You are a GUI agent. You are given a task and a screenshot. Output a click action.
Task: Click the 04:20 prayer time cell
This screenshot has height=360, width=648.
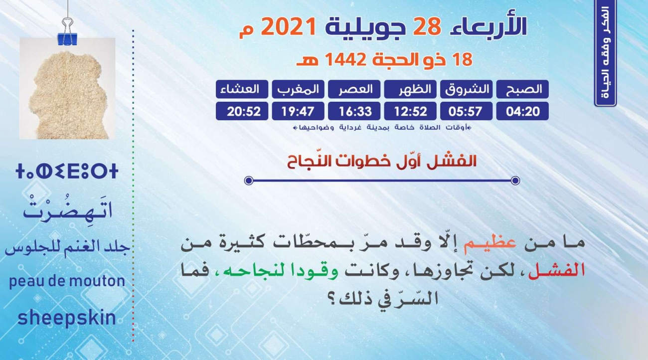[x=522, y=111]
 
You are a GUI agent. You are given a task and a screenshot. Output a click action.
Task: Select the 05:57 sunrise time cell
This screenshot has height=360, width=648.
[x=467, y=111]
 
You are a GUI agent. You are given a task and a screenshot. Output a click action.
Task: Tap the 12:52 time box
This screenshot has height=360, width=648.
[x=410, y=111]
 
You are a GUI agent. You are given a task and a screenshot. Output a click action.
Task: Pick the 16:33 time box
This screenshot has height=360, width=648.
[x=354, y=111]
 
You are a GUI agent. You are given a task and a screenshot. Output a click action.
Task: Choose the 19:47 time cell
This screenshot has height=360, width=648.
[x=298, y=111]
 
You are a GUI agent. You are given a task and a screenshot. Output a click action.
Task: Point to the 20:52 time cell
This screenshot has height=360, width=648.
[x=242, y=111]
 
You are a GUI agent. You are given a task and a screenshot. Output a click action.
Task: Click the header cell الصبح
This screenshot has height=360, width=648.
[x=522, y=89]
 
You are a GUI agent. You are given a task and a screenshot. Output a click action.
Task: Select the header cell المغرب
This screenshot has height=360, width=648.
[x=298, y=89]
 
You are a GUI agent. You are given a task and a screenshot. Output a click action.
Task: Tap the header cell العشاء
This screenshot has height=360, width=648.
[x=242, y=89]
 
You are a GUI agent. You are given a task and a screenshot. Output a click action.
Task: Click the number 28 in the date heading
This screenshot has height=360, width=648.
[x=427, y=26]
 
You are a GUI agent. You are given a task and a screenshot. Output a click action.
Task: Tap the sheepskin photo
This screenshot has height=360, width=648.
[x=67, y=89]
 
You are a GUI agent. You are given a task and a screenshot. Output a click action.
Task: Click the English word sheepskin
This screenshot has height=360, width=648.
[x=67, y=318]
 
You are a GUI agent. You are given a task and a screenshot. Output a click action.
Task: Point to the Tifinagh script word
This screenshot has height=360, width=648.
[x=67, y=172]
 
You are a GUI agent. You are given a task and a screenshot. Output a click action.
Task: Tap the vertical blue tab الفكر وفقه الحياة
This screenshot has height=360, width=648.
[x=606, y=53]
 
